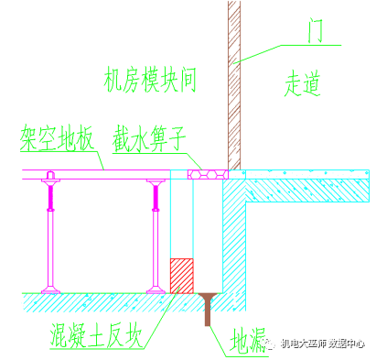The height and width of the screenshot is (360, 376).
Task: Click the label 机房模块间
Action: click(152, 82)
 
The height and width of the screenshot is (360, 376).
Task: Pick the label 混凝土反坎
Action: click(97, 336)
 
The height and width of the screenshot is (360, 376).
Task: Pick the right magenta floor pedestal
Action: click(155, 234)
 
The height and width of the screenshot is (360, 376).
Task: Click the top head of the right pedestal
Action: click(155, 182)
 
